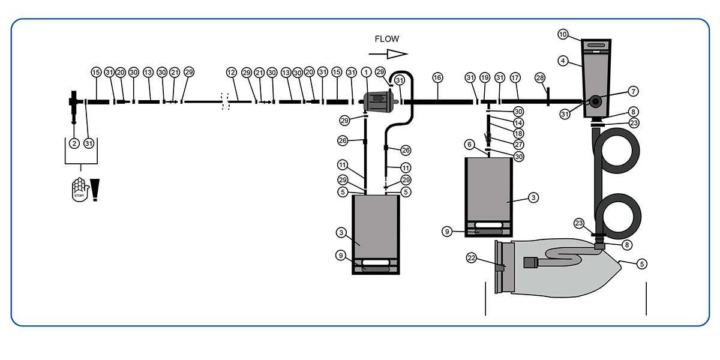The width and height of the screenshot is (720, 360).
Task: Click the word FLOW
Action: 386,39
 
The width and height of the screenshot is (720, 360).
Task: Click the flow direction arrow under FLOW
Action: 388,54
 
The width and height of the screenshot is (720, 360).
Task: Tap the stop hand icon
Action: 79,190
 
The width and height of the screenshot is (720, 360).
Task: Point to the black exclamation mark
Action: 95,190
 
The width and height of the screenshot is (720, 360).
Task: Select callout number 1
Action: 366,73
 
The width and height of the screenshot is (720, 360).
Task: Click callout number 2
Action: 74,143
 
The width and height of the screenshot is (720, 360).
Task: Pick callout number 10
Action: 563,34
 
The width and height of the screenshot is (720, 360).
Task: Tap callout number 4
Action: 563,61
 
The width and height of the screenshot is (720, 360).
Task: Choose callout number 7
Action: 633,91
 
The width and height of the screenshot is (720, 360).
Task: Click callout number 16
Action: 437,77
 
